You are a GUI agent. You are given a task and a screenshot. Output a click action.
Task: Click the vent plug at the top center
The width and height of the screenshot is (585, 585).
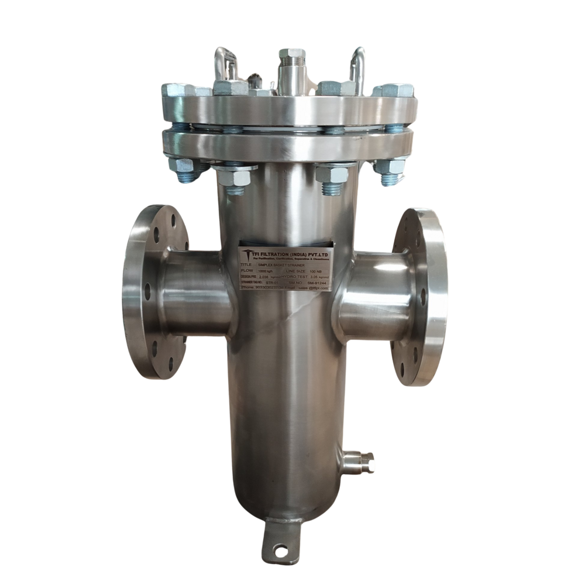point(291,59)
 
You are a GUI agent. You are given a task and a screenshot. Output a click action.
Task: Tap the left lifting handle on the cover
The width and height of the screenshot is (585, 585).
point(225,63)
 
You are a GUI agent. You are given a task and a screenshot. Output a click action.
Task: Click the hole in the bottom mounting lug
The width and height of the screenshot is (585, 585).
point(281,550)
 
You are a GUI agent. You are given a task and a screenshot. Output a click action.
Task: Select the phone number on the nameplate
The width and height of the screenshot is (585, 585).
point(266,287)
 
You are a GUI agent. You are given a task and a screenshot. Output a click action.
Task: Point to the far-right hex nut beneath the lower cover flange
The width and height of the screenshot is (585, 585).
point(390,167)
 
